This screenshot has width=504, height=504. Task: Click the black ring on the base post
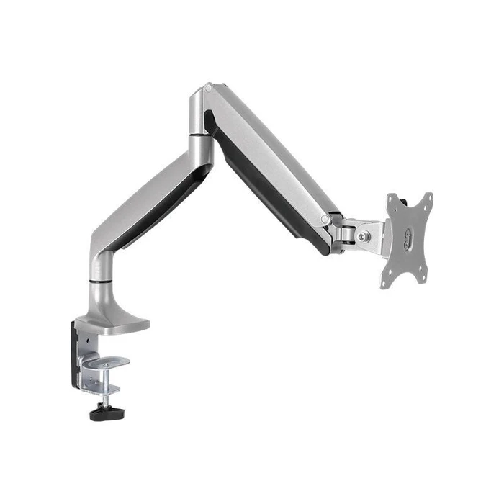pyautogui.click(x=101, y=276)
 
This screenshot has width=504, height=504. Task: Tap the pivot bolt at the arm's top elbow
pyautogui.click(x=208, y=88)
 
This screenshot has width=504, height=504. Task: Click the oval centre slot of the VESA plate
pyautogui.click(x=408, y=238)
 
